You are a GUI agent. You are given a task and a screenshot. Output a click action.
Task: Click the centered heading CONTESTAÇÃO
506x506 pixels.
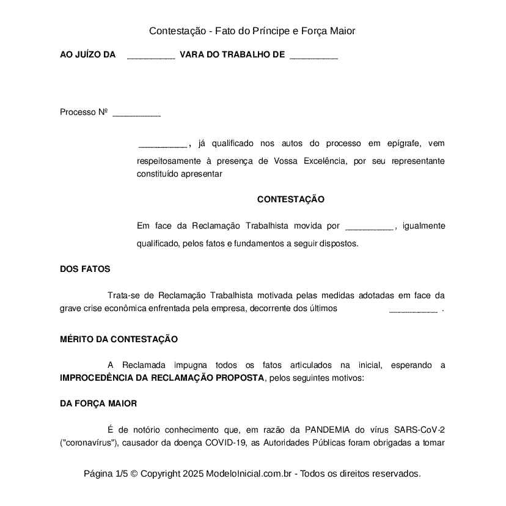[x=290, y=200]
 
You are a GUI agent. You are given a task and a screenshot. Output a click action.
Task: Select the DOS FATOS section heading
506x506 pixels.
[x=85, y=269]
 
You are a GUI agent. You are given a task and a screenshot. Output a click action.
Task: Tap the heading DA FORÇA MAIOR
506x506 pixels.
[x=98, y=404]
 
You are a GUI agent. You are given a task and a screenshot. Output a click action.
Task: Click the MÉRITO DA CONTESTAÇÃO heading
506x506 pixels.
[x=119, y=339]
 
